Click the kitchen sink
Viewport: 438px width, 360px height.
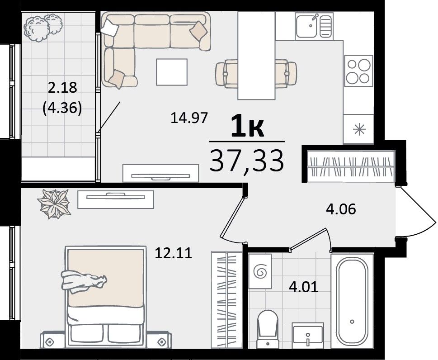pyautogui.click(x=314, y=27)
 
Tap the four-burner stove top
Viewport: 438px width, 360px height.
pyautogui.click(x=358, y=71)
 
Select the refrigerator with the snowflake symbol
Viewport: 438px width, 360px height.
pyautogui.click(x=358, y=129)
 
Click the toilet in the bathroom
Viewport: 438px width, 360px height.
pyautogui.click(x=268, y=329)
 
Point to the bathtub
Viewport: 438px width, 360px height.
pyautogui.click(x=352, y=301)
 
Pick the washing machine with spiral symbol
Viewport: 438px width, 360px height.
pyautogui.click(x=260, y=271)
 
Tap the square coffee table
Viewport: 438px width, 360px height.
pyautogui.click(x=172, y=72)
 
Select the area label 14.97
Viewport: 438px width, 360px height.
pyautogui.click(x=189, y=118)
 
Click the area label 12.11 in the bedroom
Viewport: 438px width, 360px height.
pyautogui.click(x=174, y=253)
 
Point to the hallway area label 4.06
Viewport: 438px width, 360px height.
pyautogui.click(x=341, y=209)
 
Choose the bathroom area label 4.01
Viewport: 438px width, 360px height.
pyautogui.click(x=304, y=287)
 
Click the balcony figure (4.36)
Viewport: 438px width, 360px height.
pyautogui.click(x=62, y=108)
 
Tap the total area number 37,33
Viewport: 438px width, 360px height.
pyautogui.click(x=247, y=161)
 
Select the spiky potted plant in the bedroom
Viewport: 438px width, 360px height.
pyautogui.click(x=54, y=204)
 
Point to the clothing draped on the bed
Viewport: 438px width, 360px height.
pyautogui.click(x=84, y=282)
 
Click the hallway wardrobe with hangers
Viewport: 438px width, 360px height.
pyautogui.click(x=351, y=166)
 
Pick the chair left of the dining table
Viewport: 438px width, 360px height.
pyautogui.click(x=226, y=74)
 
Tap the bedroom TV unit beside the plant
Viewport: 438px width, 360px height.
pyautogui.click(x=116, y=199)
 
